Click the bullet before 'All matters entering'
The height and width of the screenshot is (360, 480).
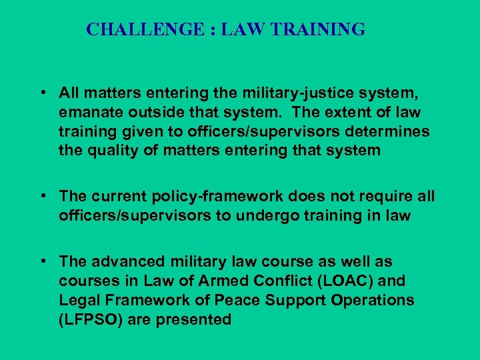(42, 91)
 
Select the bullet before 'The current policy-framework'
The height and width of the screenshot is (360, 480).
(42, 196)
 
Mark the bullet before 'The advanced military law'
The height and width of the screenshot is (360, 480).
(42, 261)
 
